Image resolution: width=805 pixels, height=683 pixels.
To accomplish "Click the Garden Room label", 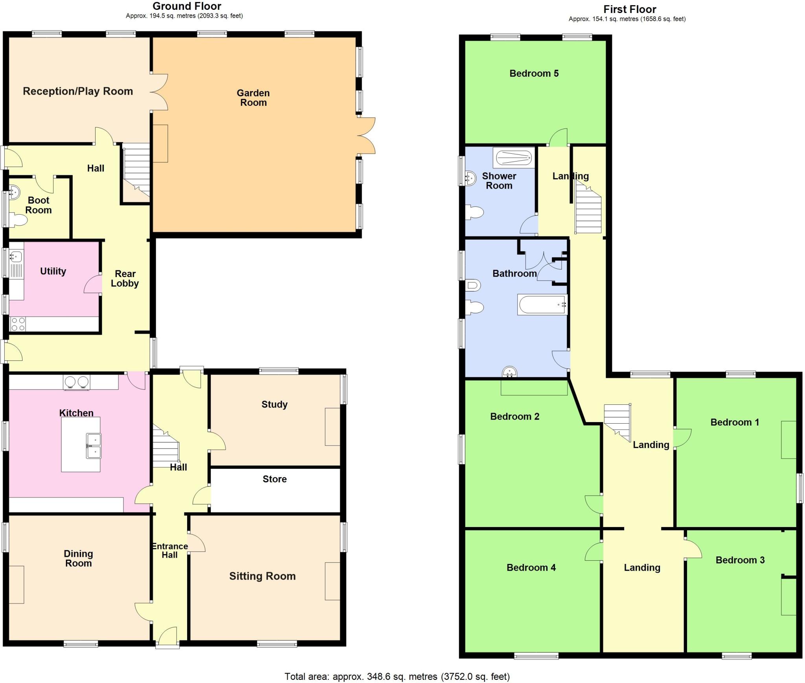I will click(253, 98).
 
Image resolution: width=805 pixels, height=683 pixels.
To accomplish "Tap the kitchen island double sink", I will click(94, 446).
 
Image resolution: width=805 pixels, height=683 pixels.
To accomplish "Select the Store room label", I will click(274, 479).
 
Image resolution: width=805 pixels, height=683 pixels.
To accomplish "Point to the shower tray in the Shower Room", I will click(514, 158).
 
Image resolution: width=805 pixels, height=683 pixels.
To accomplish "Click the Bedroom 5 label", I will click(534, 73).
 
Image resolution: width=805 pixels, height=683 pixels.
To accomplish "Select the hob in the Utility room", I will click(18, 324).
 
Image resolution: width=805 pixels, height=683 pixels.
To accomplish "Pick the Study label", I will click(274, 404).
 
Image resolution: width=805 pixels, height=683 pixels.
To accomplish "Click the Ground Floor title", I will click(187, 6).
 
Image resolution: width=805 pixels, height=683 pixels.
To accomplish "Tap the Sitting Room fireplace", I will click(332, 581).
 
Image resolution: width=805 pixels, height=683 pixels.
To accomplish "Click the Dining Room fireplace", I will click(17, 584).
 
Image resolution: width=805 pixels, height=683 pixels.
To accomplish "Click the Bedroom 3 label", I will click(740, 560).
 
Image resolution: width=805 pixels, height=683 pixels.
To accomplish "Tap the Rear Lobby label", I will click(125, 279).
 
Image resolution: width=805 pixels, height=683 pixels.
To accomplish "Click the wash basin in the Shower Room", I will click(470, 178).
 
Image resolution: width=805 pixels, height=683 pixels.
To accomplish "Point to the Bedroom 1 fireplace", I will click(788, 440).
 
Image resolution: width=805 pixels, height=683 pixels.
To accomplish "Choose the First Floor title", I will click(630, 9).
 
